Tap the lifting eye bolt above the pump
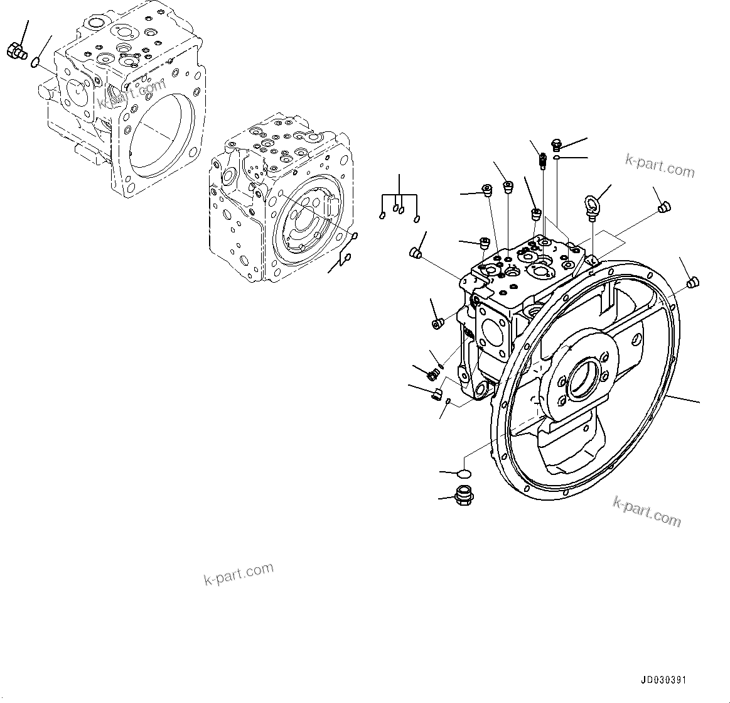click(x=591, y=205)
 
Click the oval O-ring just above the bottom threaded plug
click(x=464, y=472)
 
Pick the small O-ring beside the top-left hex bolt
click(x=37, y=61)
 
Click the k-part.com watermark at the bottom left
click(x=239, y=574)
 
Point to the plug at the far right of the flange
click(x=692, y=282)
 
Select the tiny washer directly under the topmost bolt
click(x=557, y=158)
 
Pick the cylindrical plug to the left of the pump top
click(x=414, y=253)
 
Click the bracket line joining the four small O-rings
click(x=399, y=195)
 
